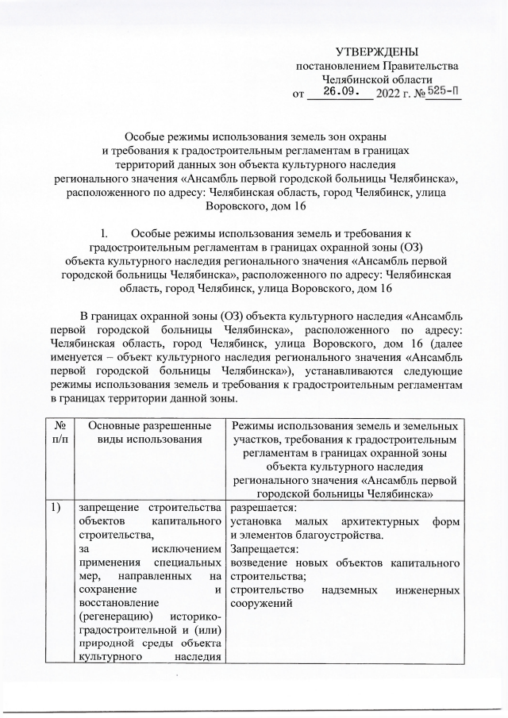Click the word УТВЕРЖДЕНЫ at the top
pyautogui.click(x=376, y=51)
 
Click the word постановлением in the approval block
pyautogui.click(x=334, y=66)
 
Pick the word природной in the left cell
pyautogui.click(x=102, y=643)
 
